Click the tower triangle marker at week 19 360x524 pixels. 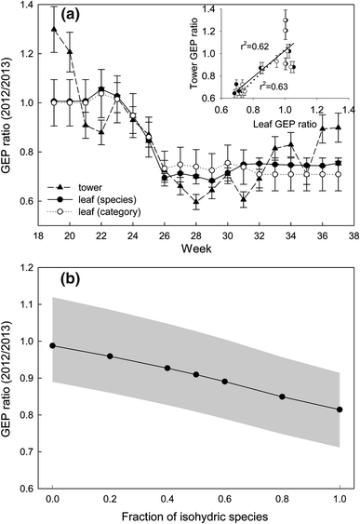tap(54, 30)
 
